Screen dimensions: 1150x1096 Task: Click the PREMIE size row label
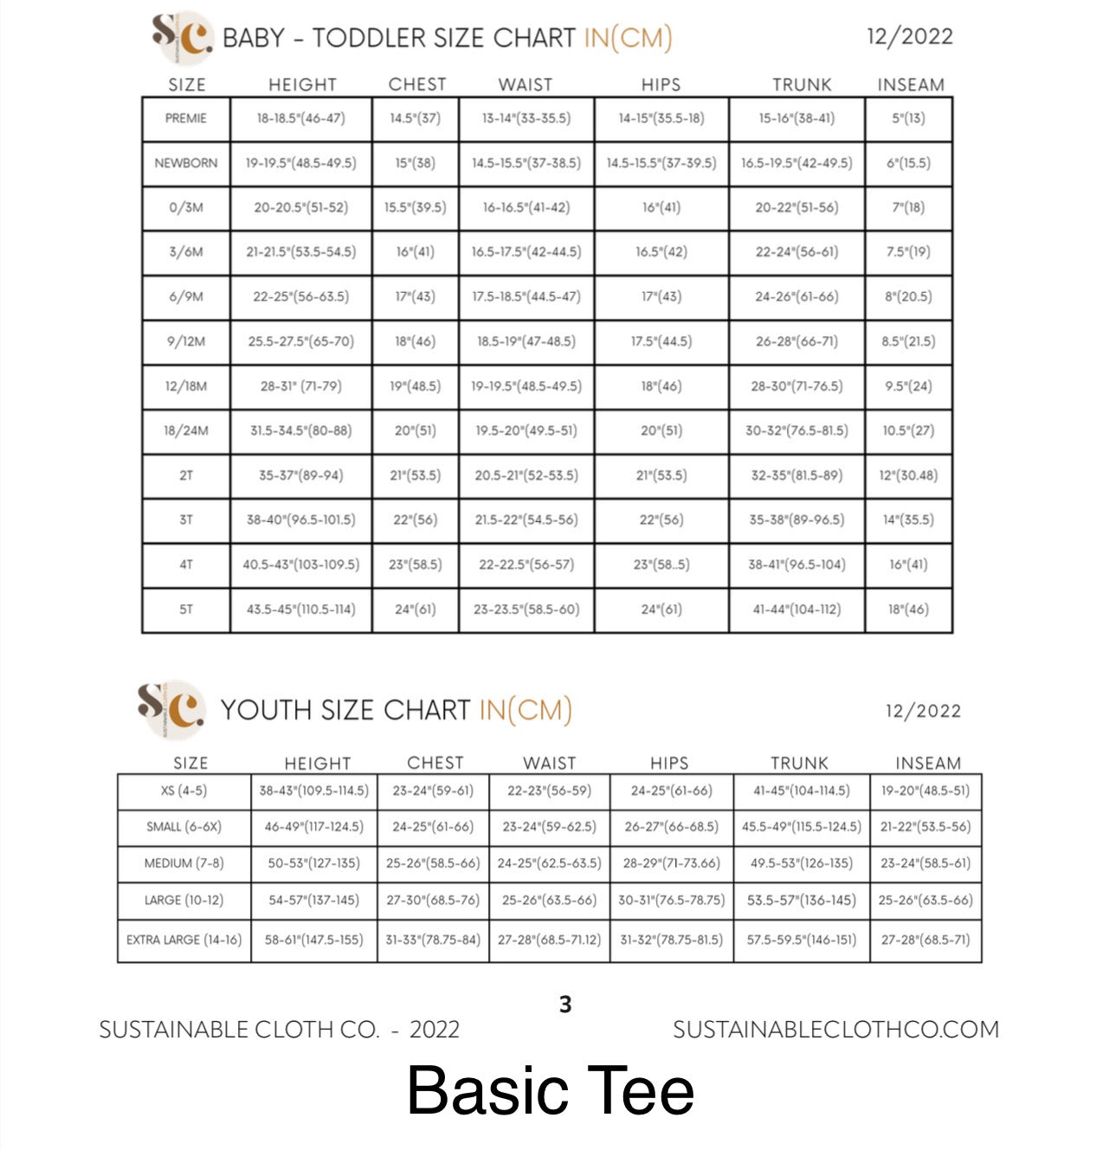pos(186,119)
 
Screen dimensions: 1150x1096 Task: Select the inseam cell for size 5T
pos(908,610)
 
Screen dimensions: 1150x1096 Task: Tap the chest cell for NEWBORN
pos(416,163)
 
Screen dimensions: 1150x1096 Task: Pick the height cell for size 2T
pos(300,475)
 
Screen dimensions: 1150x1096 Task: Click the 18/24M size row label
pos(186,430)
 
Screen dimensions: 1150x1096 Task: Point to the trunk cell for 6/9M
pos(796,297)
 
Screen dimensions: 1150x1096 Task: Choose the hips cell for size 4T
pos(661,565)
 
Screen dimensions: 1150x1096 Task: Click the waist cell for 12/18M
pos(526,386)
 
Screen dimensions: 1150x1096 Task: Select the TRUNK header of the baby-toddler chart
pos(802,85)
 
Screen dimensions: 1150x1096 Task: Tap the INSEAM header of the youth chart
pos(928,763)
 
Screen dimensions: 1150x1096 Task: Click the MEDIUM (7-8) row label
pos(184,863)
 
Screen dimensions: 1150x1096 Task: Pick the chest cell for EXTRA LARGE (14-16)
pos(433,940)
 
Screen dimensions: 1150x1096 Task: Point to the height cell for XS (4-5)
pos(313,791)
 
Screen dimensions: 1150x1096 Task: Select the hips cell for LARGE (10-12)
pos(671,901)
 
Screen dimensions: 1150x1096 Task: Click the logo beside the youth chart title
pos(172,708)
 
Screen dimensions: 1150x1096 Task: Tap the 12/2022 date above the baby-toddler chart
pos(909,36)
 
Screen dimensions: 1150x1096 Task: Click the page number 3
pos(565,1005)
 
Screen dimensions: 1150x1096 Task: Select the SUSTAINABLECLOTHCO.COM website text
pos(835,1030)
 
